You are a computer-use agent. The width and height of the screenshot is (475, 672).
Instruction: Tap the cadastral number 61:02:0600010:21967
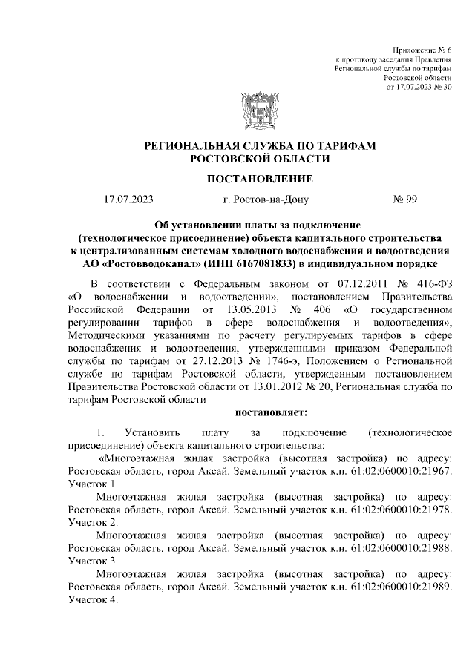tap(399, 470)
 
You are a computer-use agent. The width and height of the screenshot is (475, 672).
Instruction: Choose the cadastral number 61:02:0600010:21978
tap(399, 510)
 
